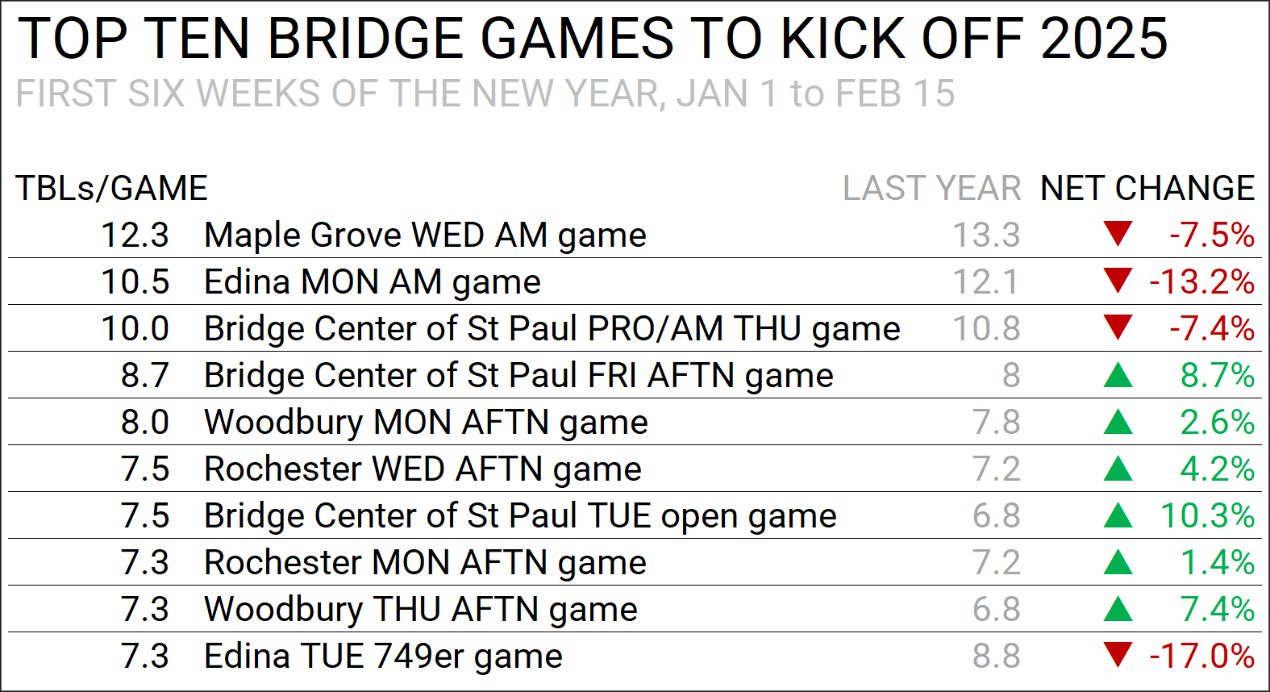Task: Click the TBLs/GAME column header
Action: tap(112, 188)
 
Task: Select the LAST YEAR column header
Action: tap(931, 188)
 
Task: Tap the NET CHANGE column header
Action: tap(1147, 188)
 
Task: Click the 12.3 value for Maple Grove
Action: tap(135, 235)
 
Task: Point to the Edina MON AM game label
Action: tap(373, 282)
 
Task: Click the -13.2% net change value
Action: tap(1202, 282)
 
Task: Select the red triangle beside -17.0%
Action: tap(1118, 655)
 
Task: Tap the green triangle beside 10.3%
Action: tap(1118, 515)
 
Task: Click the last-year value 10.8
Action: tap(986, 328)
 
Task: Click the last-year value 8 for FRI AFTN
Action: tap(1011, 376)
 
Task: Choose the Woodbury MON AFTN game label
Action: tap(426, 423)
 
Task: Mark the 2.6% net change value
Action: tap(1218, 422)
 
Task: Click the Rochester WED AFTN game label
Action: tap(423, 469)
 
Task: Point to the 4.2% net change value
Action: tap(1218, 469)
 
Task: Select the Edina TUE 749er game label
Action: tap(383, 657)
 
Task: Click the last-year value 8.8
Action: tap(997, 657)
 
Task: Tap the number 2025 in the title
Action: tap(1104, 39)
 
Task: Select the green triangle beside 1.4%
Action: tap(1118, 562)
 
